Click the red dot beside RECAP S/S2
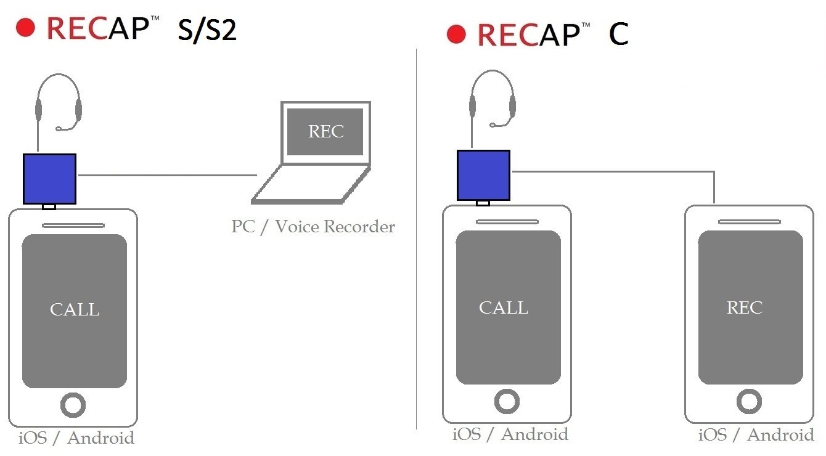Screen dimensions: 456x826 pyautogui.click(x=26, y=28)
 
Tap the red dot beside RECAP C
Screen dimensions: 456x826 pyautogui.click(x=456, y=35)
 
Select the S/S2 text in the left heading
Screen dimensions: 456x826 pyautogui.click(x=207, y=30)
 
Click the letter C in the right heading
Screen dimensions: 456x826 pyautogui.click(x=618, y=35)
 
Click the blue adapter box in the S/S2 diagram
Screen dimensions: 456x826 pyautogui.click(x=49, y=179)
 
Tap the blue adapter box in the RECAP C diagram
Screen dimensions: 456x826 pyautogui.click(x=483, y=175)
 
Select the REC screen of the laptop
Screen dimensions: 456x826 pyautogui.click(x=325, y=132)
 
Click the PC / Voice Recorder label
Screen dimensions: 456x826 pyautogui.click(x=313, y=227)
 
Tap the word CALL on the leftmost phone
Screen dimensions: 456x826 pyautogui.click(x=75, y=309)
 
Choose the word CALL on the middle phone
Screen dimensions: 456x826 pyautogui.click(x=504, y=307)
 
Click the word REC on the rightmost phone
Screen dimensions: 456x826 pyautogui.click(x=745, y=307)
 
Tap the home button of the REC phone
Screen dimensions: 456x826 pyautogui.click(x=750, y=402)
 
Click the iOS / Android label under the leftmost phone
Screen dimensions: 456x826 pyautogui.click(x=76, y=439)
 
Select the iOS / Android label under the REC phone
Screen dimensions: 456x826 pyautogui.click(x=756, y=435)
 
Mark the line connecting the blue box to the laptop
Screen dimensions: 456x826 pyautogui.click(x=166, y=175)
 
